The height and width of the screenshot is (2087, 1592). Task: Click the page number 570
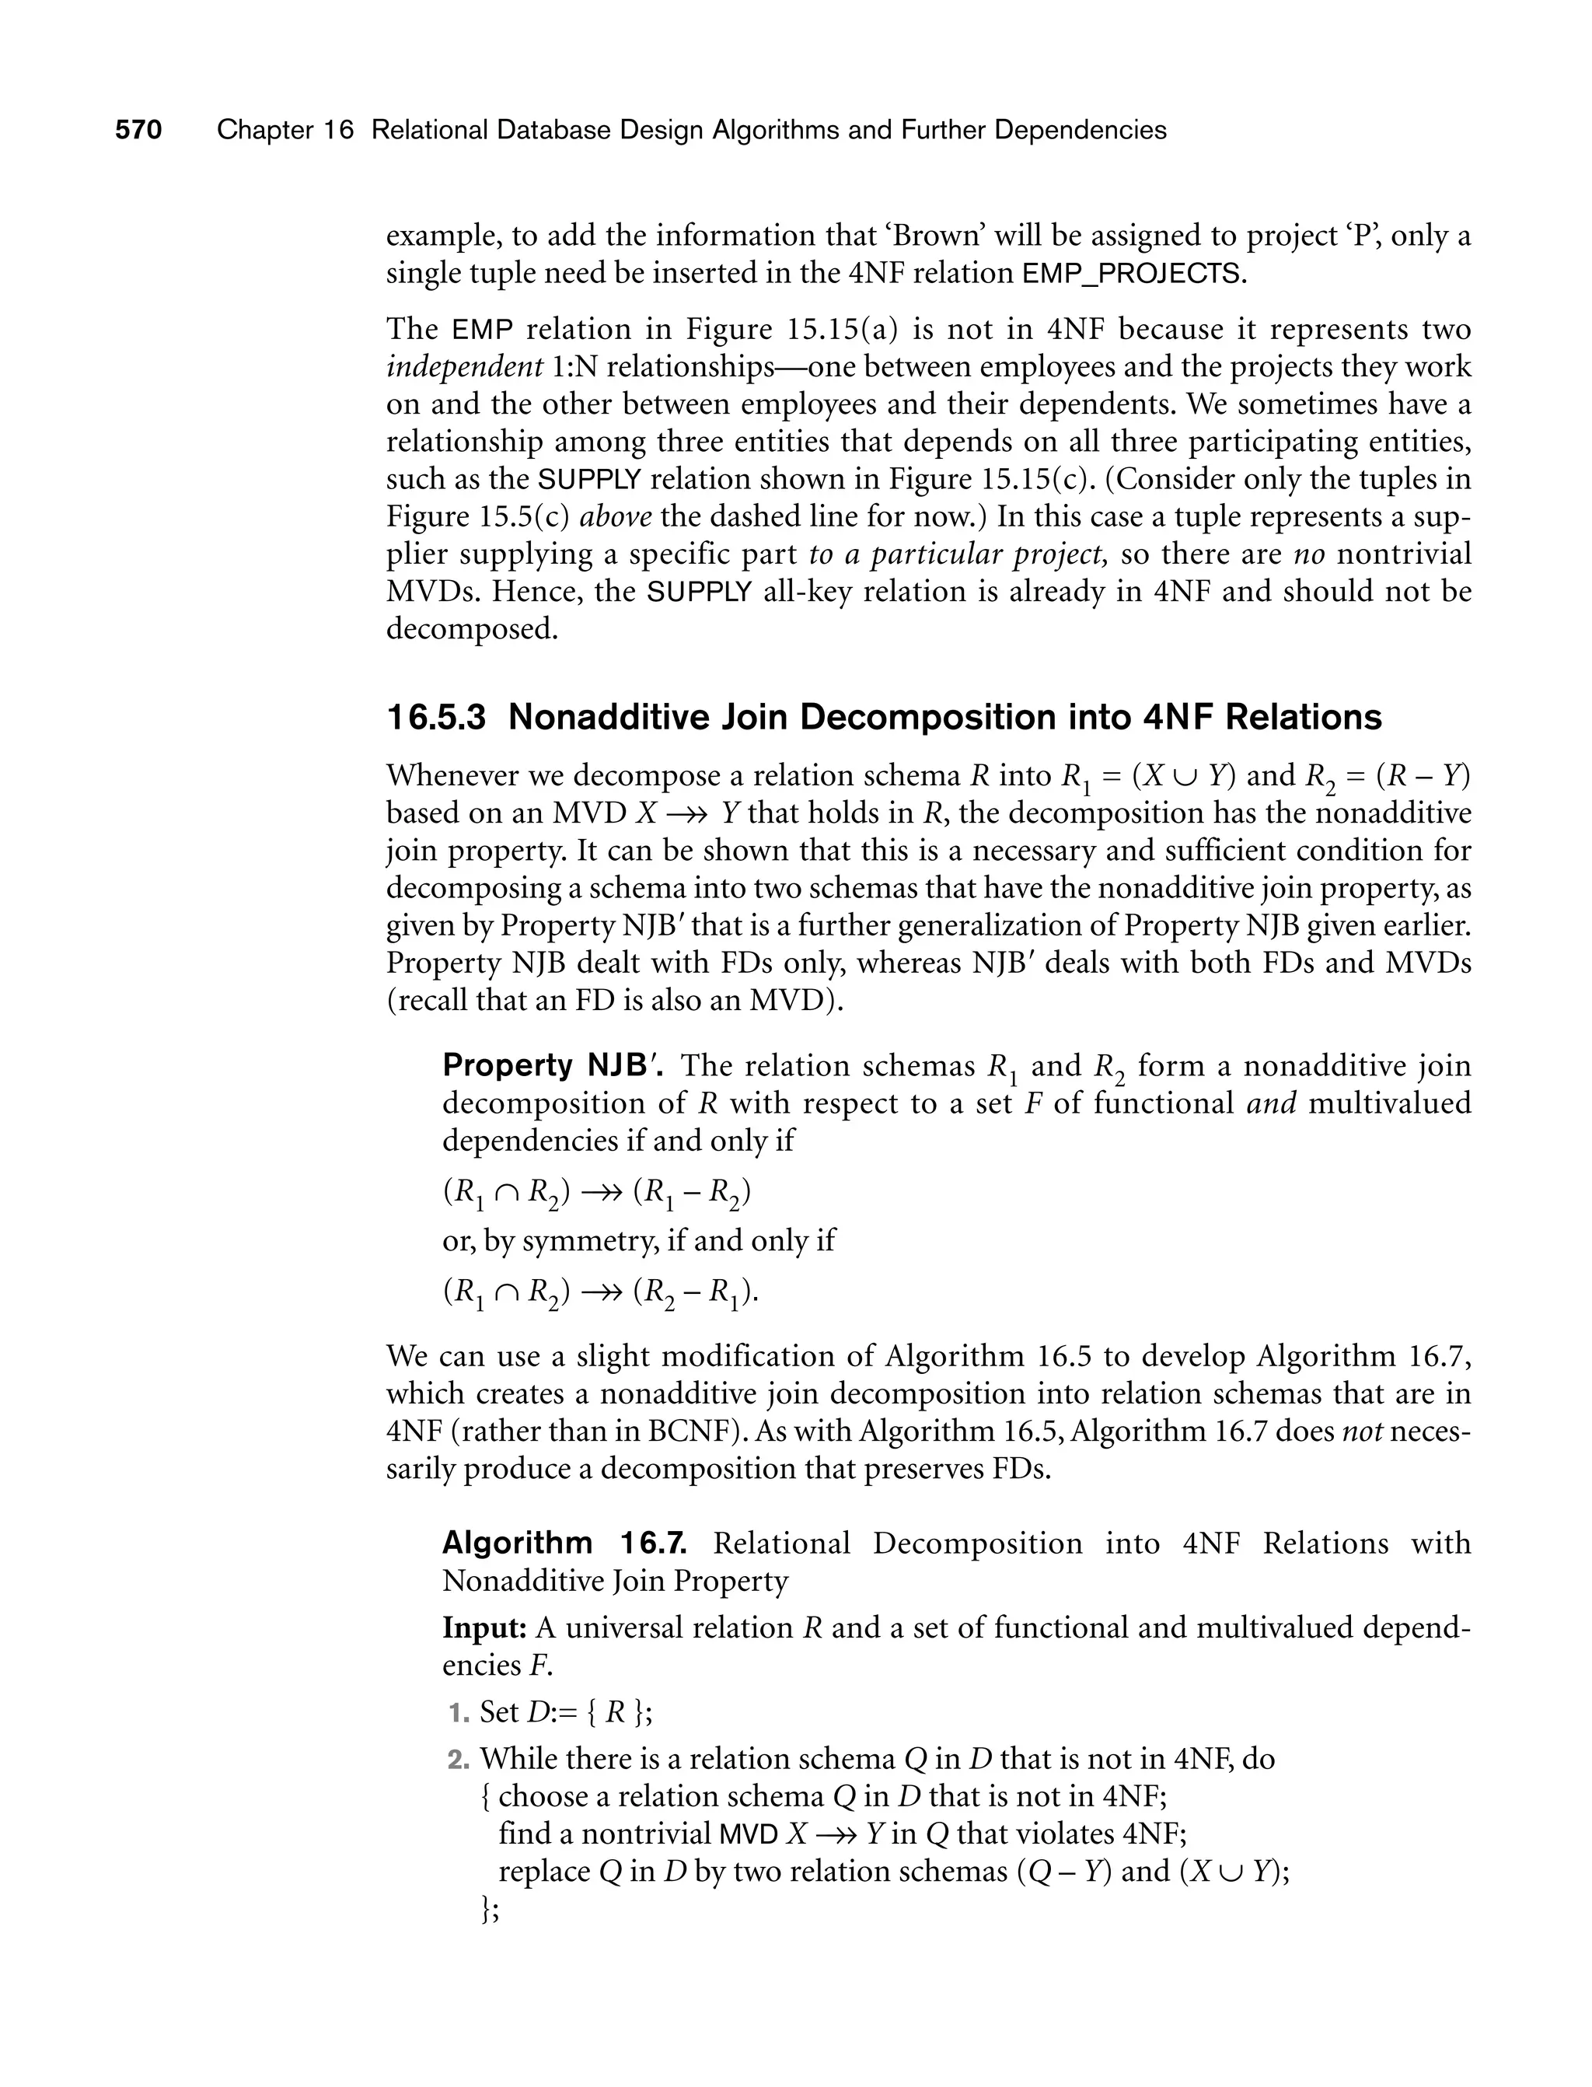point(138,130)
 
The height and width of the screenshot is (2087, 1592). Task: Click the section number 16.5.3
point(436,718)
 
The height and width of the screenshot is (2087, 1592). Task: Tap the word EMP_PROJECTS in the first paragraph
point(1130,274)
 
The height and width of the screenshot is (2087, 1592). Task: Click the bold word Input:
point(484,1628)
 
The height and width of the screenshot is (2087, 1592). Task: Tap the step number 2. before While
point(459,1759)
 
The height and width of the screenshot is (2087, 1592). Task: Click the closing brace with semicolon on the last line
point(490,1910)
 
